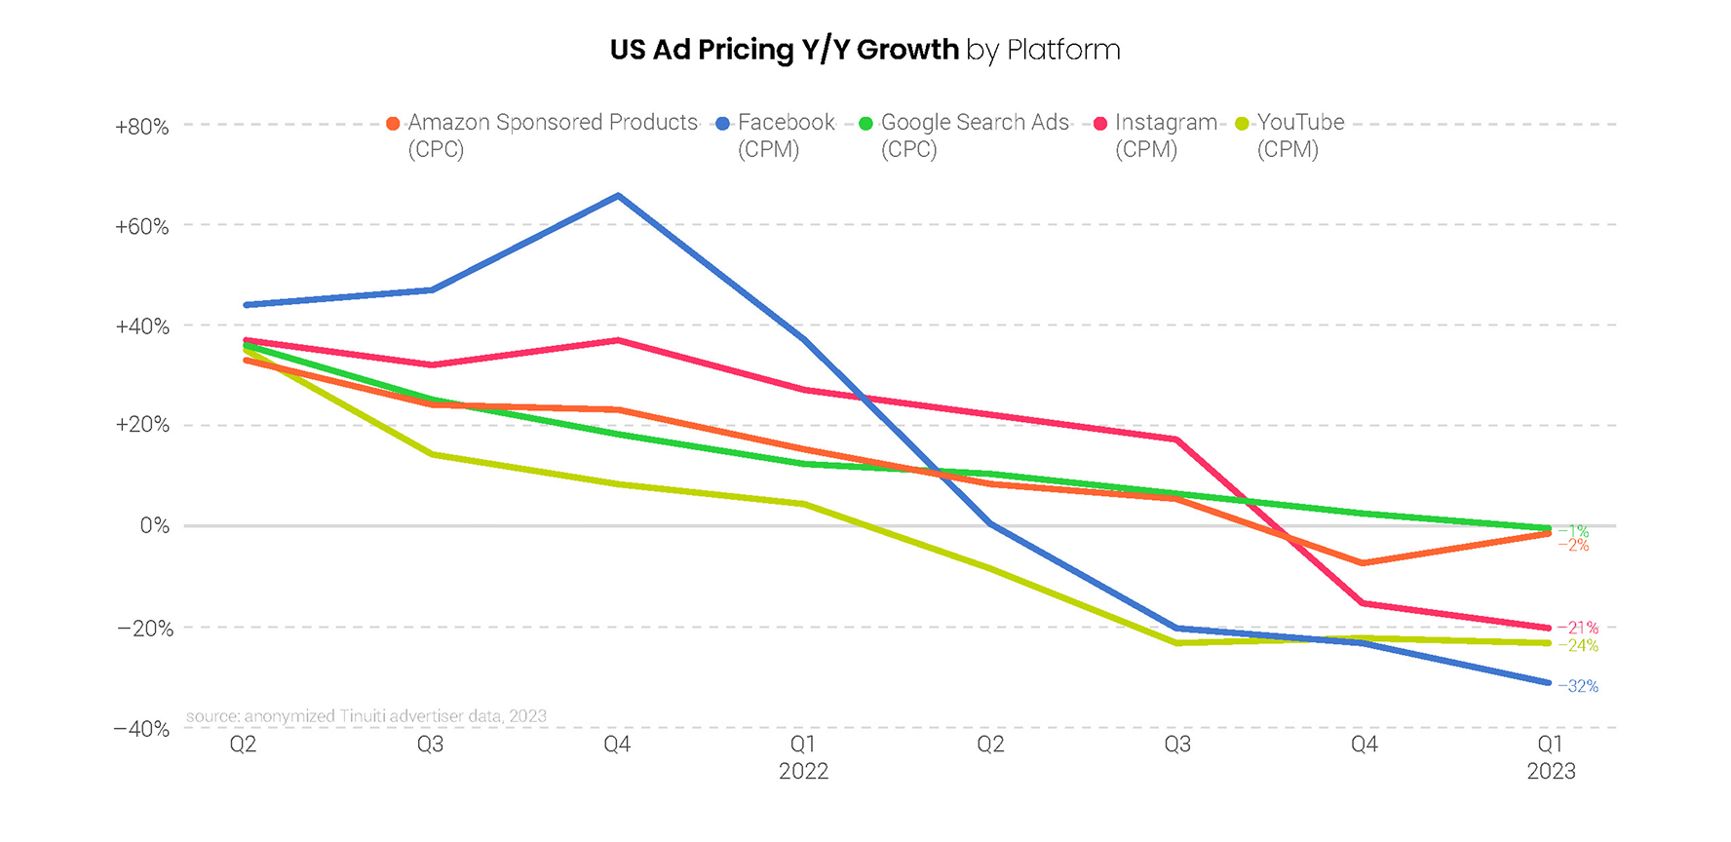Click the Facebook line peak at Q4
(618, 196)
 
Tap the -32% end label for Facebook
(1578, 686)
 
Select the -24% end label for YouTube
(1578, 645)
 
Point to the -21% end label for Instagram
(1578, 628)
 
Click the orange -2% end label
(1574, 546)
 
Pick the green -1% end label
(1574, 531)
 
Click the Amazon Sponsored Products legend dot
(393, 124)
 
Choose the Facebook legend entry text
(786, 123)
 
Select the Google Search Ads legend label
(975, 123)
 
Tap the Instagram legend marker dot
(1100, 124)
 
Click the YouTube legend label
(1300, 123)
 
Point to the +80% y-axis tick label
(142, 127)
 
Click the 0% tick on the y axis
(154, 526)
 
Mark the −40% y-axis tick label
(142, 729)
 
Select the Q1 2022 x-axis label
(803, 757)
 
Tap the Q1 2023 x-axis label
(1551, 757)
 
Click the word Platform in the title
(1063, 50)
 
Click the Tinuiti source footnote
(366, 716)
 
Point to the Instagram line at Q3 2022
(1177, 440)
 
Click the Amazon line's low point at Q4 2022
(1364, 563)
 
